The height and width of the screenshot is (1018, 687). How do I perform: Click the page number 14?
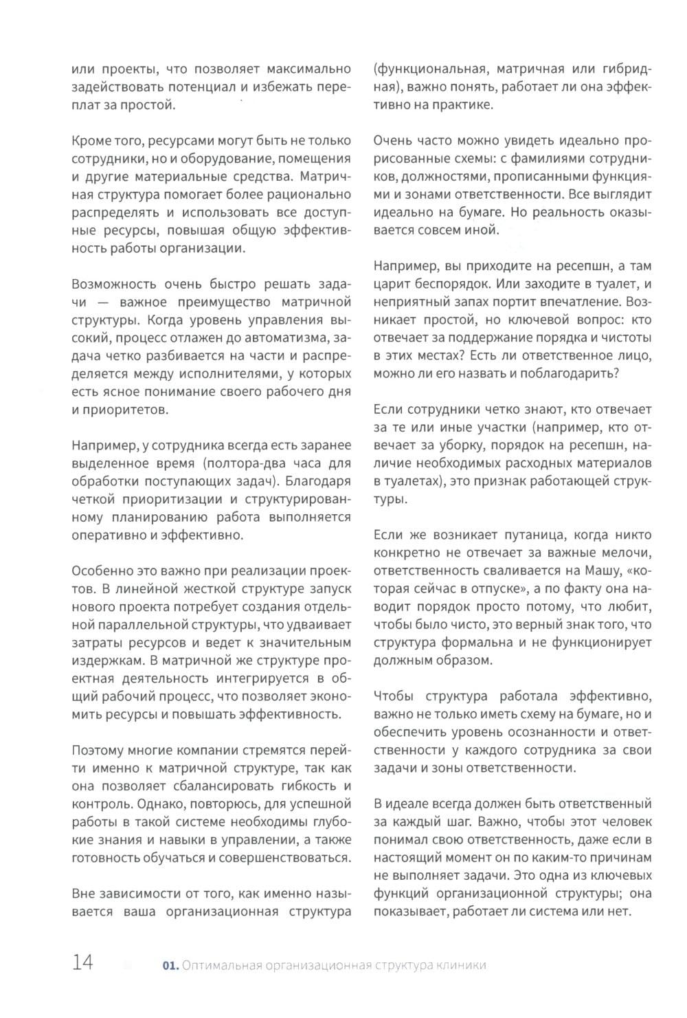(82, 963)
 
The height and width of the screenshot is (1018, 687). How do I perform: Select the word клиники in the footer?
(462, 965)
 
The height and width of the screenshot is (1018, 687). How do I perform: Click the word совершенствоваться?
(285, 857)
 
